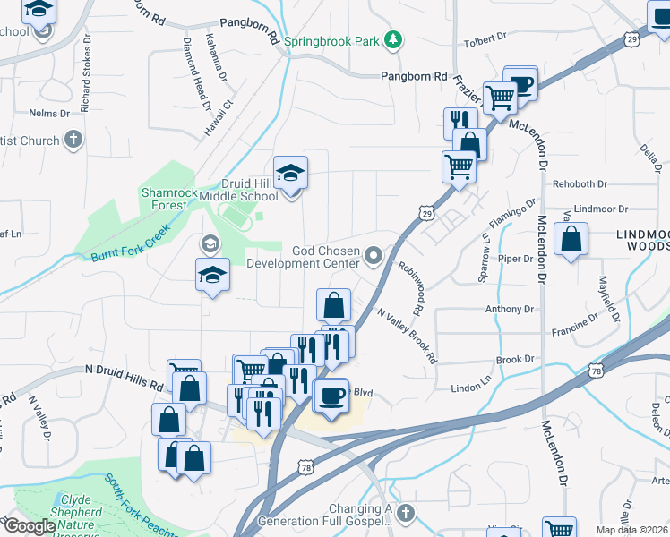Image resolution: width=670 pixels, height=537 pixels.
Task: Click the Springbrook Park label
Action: (x=331, y=41)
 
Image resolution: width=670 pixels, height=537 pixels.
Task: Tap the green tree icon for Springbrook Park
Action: (x=392, y=40)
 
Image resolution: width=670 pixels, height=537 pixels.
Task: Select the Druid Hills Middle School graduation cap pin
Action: (x=290, y=173)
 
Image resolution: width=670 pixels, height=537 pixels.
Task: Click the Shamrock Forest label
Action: (x=164, y=199)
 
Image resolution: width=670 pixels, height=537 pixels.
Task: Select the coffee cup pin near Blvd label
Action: (x=331, y=396)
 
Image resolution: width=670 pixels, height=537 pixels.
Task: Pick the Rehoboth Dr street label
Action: (x=580, y=184)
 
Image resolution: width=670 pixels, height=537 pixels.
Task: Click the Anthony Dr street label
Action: (x=509, y=310)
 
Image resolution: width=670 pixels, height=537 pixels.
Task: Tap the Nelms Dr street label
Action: (x=49, y=114)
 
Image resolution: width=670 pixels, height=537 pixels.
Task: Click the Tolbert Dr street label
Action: (x=485, y=43)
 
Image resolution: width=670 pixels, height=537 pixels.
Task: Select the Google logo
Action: (x=29, y=525)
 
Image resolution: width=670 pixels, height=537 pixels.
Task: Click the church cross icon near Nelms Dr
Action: (x=73, y=141)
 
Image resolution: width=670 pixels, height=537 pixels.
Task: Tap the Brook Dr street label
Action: (x=514, y=360)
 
